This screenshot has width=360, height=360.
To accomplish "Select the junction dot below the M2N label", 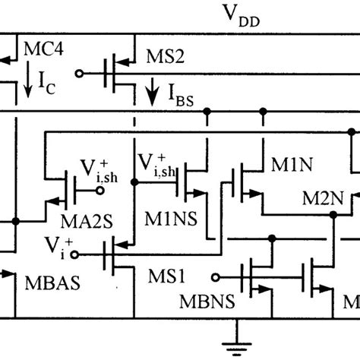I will [333, 215].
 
